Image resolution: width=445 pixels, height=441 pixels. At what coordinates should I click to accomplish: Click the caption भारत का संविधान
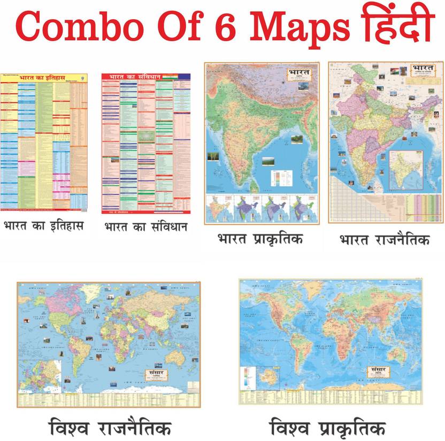pos(145,227)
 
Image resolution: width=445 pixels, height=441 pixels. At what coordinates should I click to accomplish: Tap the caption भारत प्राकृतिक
pos(260,239)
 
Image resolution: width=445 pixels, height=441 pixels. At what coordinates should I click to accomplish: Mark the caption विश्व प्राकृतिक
pos(327,427)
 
